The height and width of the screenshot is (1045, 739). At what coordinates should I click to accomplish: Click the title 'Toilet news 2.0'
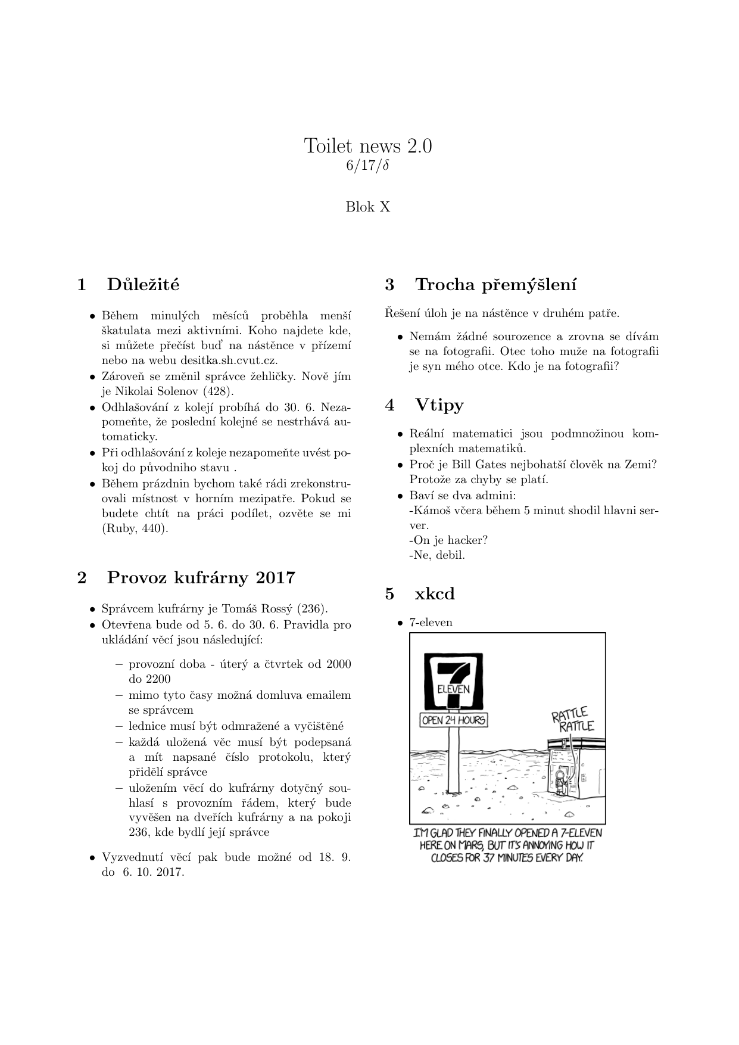[x=368, y=145]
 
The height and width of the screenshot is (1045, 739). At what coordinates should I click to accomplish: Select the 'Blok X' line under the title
[x=368, y=207]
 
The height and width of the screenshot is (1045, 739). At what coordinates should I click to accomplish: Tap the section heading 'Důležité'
[x=143, y=284]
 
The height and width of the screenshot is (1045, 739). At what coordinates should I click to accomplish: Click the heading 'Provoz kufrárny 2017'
[x=201, y=577]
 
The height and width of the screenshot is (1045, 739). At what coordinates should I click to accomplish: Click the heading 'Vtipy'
[x=439, y=405]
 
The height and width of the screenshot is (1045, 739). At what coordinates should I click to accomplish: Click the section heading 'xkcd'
[x=435, y=593]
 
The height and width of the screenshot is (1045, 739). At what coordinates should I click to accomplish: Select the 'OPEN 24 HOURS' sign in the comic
[x=454, y=720]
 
